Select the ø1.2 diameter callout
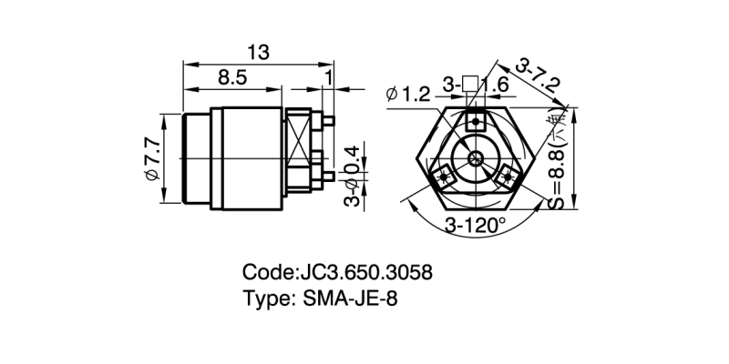(407, 92)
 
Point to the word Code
(267, 272)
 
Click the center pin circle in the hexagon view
(476, 158)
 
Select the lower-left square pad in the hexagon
(444, 176)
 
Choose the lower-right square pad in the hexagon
(508, 176)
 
